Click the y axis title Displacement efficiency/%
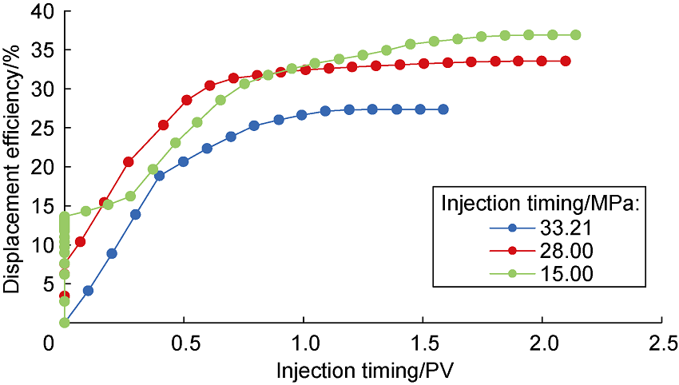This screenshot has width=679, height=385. [x=14, y=167]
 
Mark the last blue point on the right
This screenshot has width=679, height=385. [x=443, y=109]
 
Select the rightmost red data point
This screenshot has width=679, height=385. [x=566, y=61]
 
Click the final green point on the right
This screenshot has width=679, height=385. [x=575, y=35]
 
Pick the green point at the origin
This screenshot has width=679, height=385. [x=64, y=323]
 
